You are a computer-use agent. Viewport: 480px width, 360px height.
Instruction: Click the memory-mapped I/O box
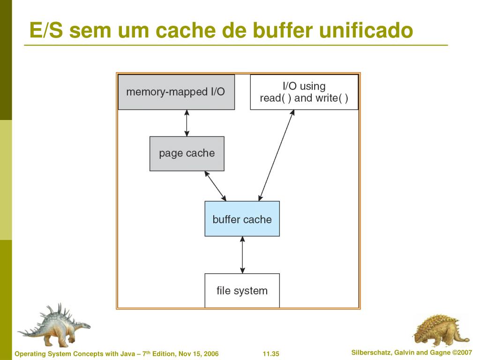click(176, 92)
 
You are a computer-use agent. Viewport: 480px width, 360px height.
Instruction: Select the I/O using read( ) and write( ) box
click(304, 92)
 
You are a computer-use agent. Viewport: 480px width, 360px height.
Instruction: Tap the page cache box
click(187, 153)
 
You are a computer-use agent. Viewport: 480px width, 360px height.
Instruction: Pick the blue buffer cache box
click(242, 219)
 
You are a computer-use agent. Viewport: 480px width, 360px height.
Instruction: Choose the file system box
click(242, 291)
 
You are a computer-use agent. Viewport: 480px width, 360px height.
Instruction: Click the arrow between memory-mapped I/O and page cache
click(187, 123)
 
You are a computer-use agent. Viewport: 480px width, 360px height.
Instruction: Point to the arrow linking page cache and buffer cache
click(215, 186)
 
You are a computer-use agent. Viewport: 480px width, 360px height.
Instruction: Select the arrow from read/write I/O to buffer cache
click(277, 155)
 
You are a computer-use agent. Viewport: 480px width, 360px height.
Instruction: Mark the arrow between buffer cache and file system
click(242, 255)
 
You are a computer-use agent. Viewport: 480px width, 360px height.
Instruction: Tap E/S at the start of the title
click(45, 30)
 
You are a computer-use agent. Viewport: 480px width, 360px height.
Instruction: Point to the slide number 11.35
click(271, 354)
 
